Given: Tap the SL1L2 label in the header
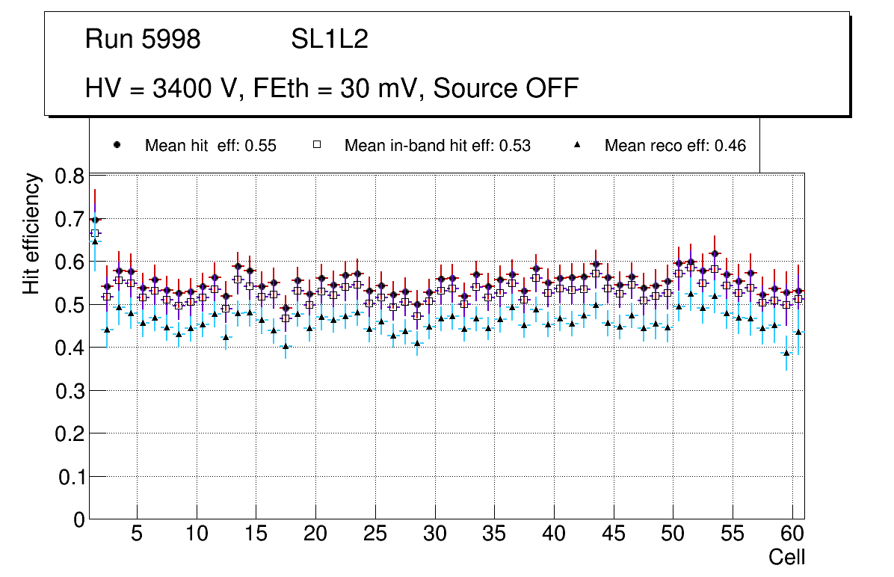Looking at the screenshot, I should pos(330,40).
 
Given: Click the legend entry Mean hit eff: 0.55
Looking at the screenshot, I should pos(210,146).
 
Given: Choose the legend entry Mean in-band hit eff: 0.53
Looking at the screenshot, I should pos(437,146).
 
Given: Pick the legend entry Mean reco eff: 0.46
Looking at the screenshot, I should pos(675,146).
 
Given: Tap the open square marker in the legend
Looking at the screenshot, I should pos(317,145).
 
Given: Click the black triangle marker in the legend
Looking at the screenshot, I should pos(577,145).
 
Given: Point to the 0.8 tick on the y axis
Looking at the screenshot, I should pos(70,177).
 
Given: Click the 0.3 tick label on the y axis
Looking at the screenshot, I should pos(70,391).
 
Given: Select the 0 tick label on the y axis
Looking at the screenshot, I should pos(78,519).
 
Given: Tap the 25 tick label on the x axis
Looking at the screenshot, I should pos(374,535).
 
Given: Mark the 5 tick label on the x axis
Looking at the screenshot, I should pos(136,535).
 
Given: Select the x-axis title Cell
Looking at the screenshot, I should pos(786,558).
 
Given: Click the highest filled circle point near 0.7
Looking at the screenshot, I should pos(95,220).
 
